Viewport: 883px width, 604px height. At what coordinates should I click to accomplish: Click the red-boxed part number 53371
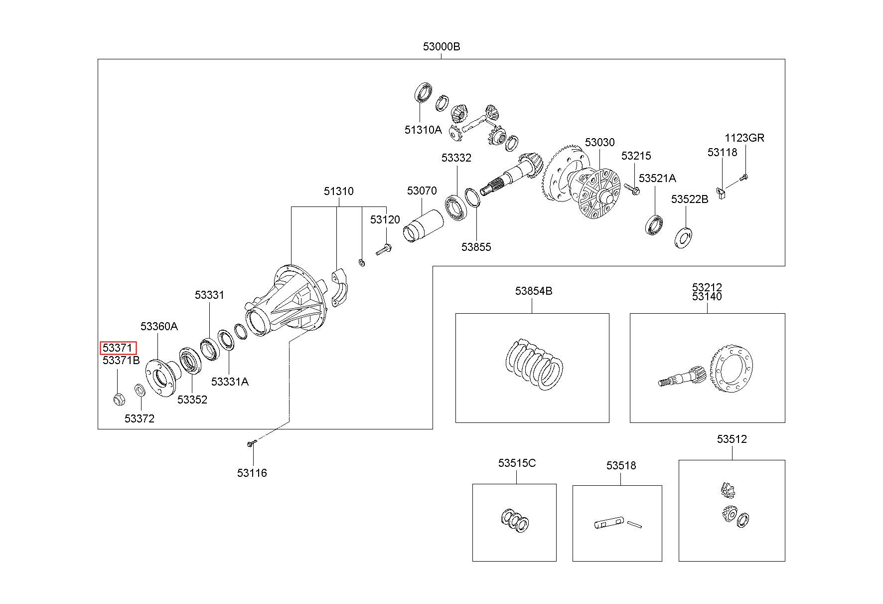coord(118,348)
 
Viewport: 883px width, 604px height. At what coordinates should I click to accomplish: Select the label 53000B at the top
coord(441,46)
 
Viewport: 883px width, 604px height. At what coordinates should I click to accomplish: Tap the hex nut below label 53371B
coord(119,399)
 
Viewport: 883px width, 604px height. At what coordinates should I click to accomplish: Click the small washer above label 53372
coord(140,390)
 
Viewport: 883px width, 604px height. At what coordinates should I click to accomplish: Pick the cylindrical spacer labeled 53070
coord(423,226)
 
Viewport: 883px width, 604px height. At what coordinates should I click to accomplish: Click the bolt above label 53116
coord(252,443)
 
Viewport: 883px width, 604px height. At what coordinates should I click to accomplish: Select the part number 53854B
coord(534,291)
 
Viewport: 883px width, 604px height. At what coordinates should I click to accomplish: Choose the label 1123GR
coord(744,138)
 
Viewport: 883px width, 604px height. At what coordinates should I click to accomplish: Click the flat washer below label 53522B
coord(685,238)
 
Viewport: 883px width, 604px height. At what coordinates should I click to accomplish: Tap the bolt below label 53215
coord(634,190)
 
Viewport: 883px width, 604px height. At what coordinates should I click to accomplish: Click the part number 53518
coord(621,465)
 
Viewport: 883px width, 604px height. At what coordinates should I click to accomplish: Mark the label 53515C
coord(517,463)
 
